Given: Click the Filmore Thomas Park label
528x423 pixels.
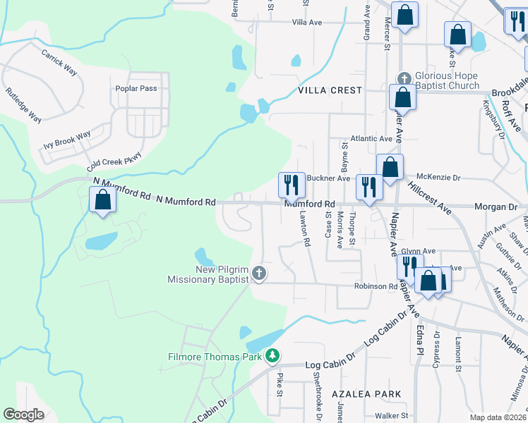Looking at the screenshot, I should point(215,357).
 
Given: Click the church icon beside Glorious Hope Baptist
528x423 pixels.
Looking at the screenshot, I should point(404,78).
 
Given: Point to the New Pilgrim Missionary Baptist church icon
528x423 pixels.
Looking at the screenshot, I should point(259,273).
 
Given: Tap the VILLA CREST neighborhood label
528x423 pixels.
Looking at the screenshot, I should point(330,90).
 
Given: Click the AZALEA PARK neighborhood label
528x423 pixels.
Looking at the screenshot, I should point(369,394).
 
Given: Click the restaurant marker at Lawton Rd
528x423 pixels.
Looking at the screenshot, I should point(291,185).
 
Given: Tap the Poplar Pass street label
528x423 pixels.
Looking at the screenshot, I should point(136,89).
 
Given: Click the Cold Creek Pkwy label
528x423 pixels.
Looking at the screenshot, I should point(114,162).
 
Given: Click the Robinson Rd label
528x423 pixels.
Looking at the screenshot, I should point(376,287).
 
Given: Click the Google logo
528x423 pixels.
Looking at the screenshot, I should point(24,415).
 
